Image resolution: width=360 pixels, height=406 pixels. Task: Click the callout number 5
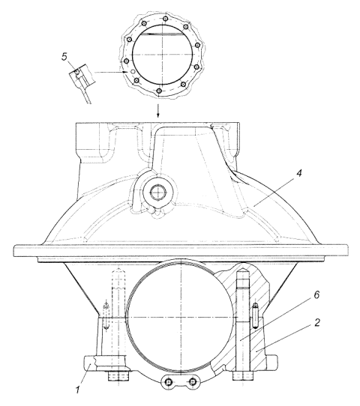64,56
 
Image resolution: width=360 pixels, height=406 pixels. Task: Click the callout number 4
299,173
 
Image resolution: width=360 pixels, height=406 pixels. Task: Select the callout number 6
316,295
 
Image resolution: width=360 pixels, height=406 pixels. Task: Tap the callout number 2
317,323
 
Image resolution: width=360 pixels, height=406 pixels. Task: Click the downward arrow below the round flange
157,111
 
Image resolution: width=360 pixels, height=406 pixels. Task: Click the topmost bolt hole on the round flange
165,19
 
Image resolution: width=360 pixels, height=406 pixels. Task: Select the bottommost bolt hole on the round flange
159,91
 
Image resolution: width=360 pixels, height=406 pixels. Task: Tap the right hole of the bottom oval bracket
192,381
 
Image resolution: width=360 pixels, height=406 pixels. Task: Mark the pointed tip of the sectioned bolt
243,267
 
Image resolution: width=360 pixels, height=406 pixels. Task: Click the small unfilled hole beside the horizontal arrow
133,71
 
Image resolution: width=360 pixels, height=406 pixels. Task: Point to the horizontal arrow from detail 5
111,72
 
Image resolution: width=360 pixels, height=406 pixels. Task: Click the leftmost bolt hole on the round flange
127,61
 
